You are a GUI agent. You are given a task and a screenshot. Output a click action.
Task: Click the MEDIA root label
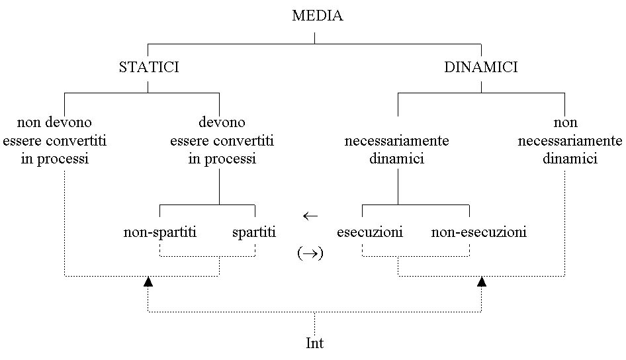[x=317, y=16]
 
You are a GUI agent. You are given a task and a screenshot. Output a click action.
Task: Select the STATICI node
[x=148, y=67]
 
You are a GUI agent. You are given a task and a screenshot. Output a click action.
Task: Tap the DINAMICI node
[x=480, y=67]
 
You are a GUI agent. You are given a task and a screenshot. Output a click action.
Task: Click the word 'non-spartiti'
[x=160, y=232]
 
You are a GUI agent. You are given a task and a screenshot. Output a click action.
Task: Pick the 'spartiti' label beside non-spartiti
[x=254, y=232]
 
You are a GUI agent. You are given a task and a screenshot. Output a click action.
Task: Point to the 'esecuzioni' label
[x=370, y=232]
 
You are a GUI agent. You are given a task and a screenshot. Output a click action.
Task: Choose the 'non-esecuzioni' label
[x=479, y=232]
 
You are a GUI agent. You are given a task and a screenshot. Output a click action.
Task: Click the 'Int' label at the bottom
[x=314, y=343]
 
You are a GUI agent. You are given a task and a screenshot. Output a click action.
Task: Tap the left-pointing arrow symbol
[x=310, y=216]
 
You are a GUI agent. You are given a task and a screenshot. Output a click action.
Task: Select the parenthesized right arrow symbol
[x=310, y=253]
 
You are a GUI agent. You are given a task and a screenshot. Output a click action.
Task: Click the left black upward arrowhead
[x=148, y=283]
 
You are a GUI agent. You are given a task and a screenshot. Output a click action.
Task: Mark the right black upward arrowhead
[x=482, y=283]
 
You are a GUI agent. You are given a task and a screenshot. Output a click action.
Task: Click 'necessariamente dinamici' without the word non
[x=397, y=150]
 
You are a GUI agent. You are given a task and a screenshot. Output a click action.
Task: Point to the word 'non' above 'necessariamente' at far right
[x=566, y=122]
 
